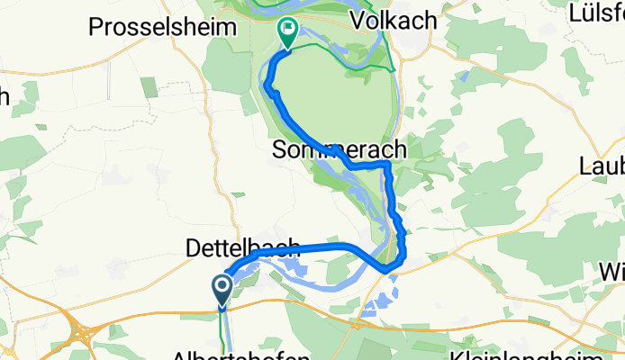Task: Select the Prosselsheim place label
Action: click(163, 27)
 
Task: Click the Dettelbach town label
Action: click(242, 246)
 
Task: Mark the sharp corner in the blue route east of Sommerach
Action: click(387, 166)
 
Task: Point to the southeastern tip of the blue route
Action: click(387, 268)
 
